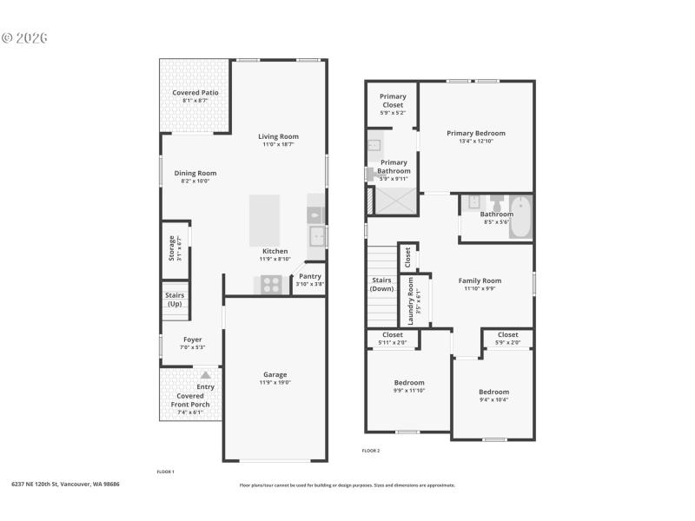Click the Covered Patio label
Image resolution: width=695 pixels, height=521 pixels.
tap(195, 93)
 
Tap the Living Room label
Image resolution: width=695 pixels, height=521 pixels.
tap(278, 136)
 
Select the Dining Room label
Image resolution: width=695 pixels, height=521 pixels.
tap(195, 173)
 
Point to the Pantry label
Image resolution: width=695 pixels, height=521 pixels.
tap(310, 276)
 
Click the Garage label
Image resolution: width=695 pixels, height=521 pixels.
tap(275, 374)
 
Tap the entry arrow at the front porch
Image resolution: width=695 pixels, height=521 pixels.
tap(206, 374)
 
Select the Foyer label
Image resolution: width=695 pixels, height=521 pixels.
tap(192, 340)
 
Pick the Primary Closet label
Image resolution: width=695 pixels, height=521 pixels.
tap(393, 101)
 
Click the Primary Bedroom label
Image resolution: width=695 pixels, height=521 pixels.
tap(476, 134)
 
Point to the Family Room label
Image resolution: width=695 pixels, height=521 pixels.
tap(480, 280)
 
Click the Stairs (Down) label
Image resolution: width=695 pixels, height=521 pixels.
tap(381, 284)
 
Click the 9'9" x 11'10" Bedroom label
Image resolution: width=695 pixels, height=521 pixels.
tap(409, 383)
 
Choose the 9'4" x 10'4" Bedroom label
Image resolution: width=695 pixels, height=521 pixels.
tap(493, 392)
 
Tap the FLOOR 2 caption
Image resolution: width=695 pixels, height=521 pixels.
tap(371, 451)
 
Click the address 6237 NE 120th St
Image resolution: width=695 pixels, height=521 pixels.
tap(65, 484)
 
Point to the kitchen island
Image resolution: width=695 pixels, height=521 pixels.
tap(265, 221)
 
